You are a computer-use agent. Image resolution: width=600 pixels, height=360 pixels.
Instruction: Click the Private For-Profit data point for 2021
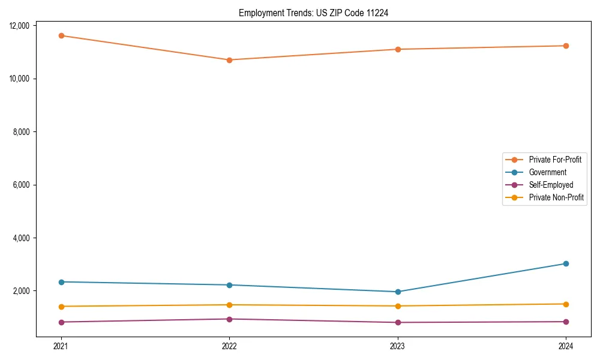point(61,35)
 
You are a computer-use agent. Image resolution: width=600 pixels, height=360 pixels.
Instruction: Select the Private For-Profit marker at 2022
point(229,60)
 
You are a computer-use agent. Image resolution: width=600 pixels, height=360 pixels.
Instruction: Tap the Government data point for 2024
point(566,263)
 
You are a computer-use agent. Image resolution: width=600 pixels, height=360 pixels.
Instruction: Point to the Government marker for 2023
point(398,292)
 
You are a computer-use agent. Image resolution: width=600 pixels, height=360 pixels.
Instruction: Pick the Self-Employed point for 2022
point(229,319)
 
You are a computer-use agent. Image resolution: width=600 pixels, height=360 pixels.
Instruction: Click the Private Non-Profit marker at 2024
point(566,304)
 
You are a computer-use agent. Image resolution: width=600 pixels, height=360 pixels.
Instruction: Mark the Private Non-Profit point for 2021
point(61,307)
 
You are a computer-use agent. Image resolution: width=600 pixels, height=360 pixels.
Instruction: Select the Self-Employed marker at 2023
point(398,322)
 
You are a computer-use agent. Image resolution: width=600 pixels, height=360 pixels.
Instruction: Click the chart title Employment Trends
point(313,13)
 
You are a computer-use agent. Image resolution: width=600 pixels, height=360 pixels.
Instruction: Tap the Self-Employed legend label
point(551,185)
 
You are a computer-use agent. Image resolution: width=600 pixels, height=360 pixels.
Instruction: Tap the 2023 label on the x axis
point(398,346)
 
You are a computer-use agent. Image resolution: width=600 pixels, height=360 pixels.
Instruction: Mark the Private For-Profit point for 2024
point(566,46)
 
